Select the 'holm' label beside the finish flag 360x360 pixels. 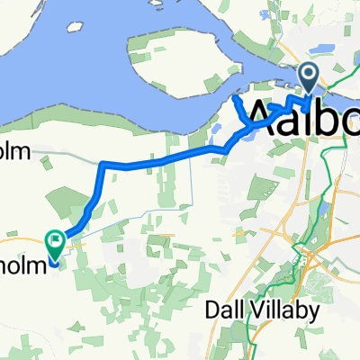(18, 240)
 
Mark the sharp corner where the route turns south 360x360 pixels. (103, 165)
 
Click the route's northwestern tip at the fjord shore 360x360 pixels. (237, 99)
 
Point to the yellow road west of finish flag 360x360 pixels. (22, 241)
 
